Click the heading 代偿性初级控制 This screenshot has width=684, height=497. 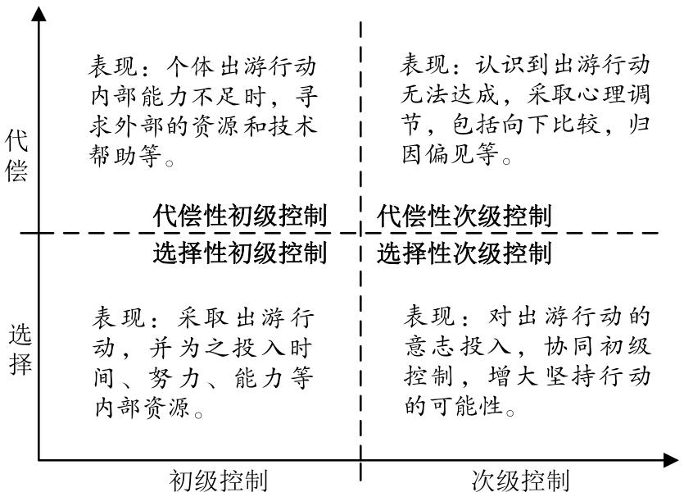(x=240, y=216)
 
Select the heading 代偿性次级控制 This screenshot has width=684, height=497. (x=464, y=216)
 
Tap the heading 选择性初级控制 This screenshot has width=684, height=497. (x=240, y=253)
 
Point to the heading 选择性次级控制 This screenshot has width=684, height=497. (x=464, y=253)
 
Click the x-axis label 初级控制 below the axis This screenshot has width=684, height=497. (x=218, y=481)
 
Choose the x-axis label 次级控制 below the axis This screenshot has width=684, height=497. (x=521, y=481)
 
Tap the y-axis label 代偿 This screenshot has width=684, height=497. (x=16, y=156)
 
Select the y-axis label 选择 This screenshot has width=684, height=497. (x=20, y=349)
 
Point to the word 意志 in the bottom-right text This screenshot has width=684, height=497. (x=430, y=346)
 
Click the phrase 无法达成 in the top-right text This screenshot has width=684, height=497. (x=450, y=93)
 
